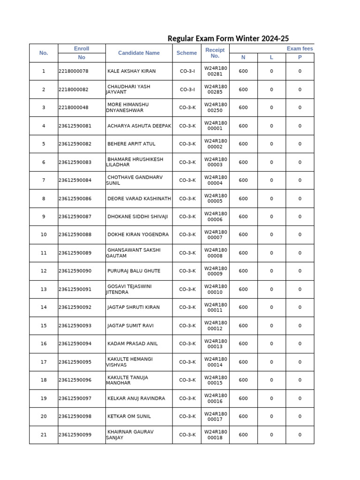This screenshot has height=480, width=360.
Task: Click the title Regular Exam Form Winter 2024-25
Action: coord(225,38)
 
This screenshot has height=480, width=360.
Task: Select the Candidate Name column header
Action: coord(139,53)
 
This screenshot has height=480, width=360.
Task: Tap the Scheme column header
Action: coord(187,53)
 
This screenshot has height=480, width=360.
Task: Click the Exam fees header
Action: coord(300,49)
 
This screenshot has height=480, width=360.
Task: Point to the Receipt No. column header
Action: coord(215,53)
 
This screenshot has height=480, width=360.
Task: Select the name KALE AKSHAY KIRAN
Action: coord(131,71)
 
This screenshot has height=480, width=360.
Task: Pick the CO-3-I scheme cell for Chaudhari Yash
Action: coord(187,90)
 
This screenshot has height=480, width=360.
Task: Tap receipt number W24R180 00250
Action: coord(215,107)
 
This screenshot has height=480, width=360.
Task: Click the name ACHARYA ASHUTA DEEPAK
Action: coord(139,126)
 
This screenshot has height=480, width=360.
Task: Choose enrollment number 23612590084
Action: coord(75,180)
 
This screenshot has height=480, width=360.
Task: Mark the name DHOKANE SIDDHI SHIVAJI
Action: coord(137,217)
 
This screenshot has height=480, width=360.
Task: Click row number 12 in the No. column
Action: coord(44,271)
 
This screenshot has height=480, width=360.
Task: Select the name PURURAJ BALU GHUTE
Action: coord(134,271)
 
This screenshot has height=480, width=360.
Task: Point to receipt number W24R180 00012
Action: coord(215,326)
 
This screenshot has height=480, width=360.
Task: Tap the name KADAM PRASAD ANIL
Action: coord(132,344)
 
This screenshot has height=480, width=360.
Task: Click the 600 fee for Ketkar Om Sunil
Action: coord(243,416)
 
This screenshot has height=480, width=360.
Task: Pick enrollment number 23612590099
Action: coord(75,435)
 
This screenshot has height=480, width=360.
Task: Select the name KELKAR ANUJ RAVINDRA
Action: coord(136,398)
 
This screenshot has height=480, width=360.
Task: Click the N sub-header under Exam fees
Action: coord(243,58)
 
